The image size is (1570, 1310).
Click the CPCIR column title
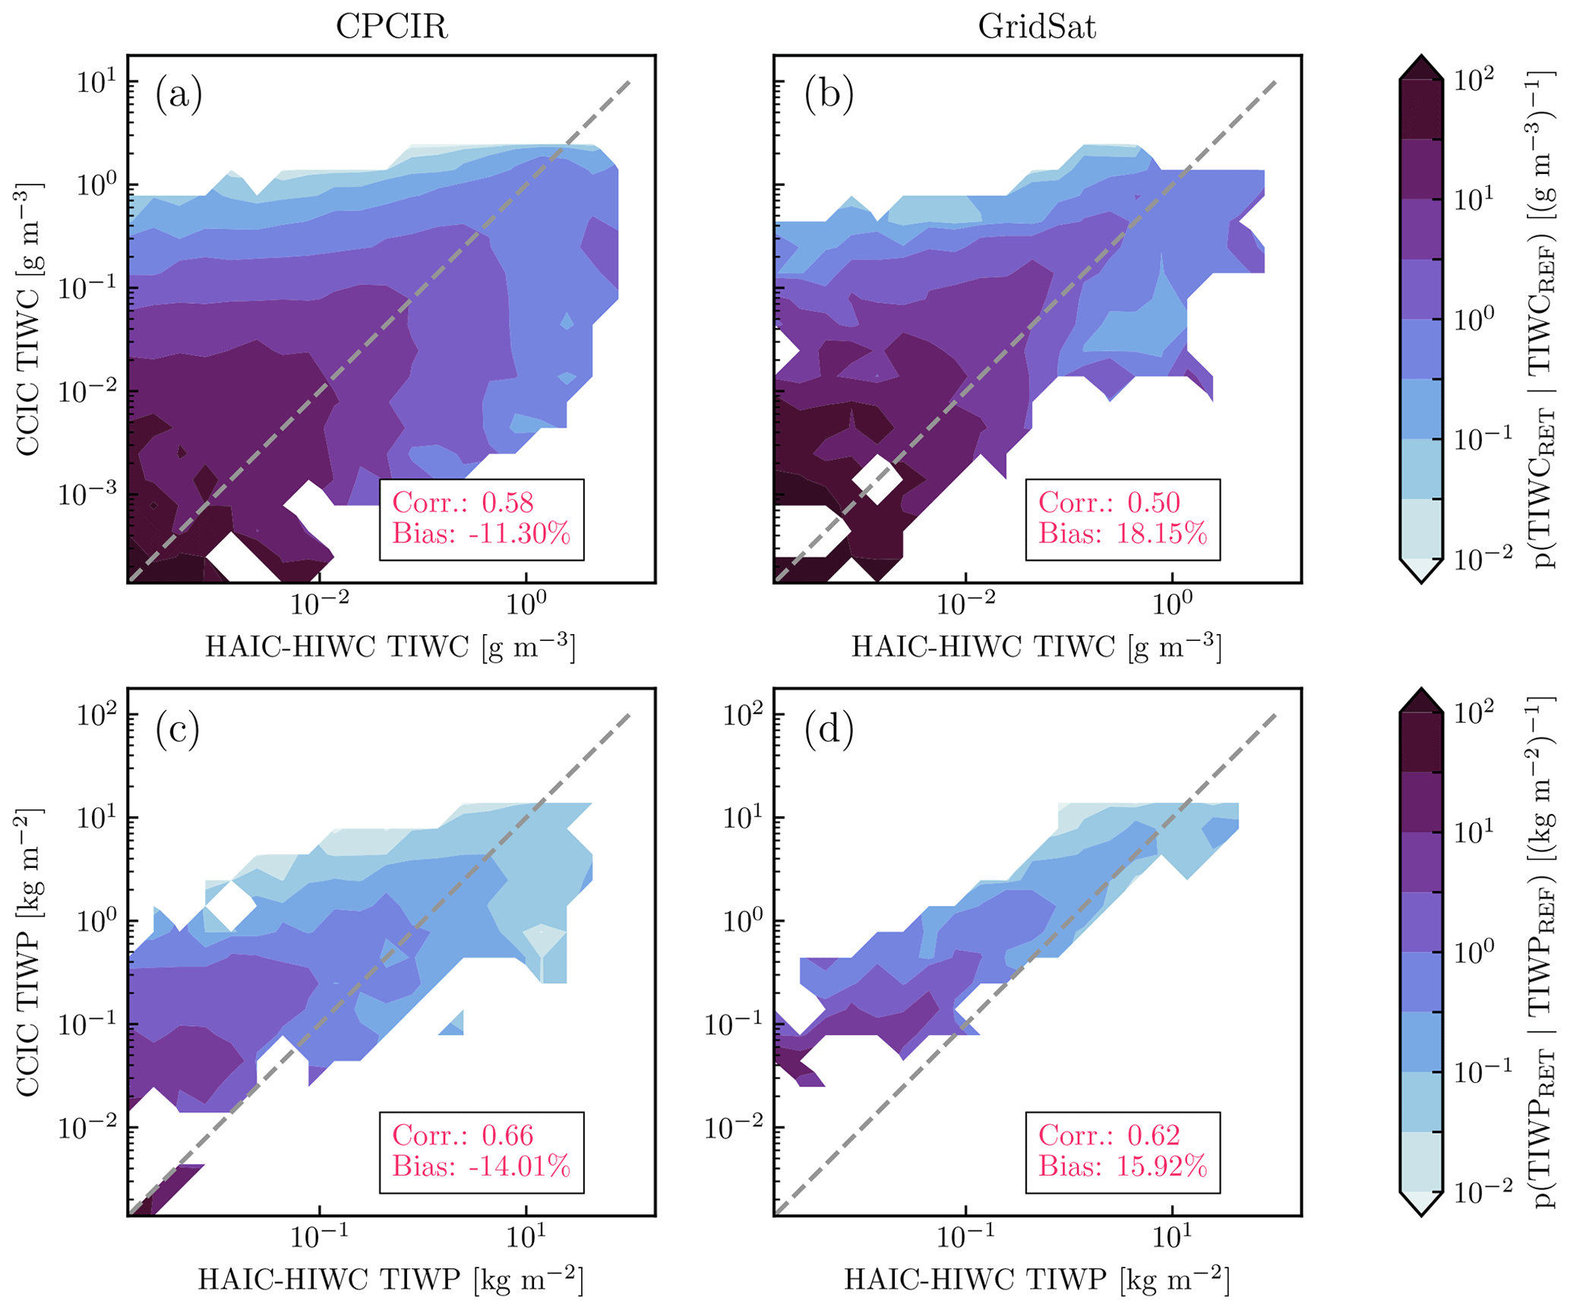pyautogui.click(x=391, y=27)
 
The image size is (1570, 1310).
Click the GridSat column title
pyautogui.click(x=1037, y=27)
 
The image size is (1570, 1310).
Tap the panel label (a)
pyautogui.click(x=178, y=96)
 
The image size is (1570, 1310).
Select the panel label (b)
pyautogui.click(x=829, y=96)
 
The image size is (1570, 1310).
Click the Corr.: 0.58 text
pyautogui.click(x=463, y=503)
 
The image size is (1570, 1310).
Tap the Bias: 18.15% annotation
pyautogui.click(x=1123, y=534)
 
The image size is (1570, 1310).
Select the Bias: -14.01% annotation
pyautogui.click(x=481, y=1166)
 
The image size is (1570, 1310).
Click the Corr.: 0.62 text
pyautogui.click(x=1109, y=1135)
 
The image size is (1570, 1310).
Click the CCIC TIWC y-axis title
pyautogui.click(x=29, y=319)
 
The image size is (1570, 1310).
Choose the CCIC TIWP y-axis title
pyautogui.click(x=29, y=953)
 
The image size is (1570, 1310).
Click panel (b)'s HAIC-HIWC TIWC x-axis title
pyautogui.click(x=1036, y=647)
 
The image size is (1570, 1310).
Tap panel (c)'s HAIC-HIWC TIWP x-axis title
pyautogui.click(x=390, y=1280)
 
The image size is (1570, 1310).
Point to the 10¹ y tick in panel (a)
pyautogui.click(x=96, y=81)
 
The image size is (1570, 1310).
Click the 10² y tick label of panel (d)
pyautogui.click(x=741, y=715)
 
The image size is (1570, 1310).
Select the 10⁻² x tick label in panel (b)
pyautogui.click(x=966, y=604)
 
